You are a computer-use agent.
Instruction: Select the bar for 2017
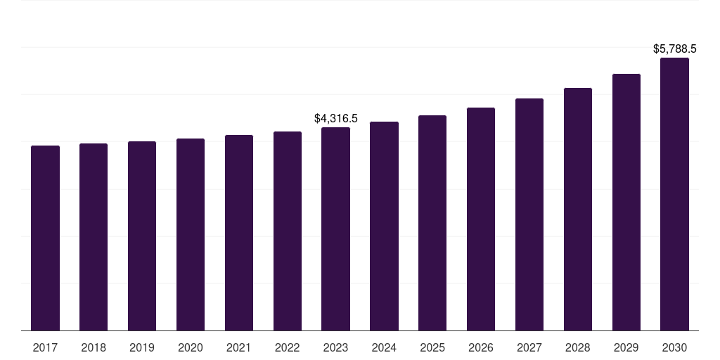[45, 238]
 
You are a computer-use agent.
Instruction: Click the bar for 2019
[142, 236]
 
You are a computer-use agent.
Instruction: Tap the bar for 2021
[239, 233]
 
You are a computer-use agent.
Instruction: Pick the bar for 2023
[335, 229]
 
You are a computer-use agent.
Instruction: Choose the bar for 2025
[432, 223]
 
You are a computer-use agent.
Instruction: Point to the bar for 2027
[529, 214]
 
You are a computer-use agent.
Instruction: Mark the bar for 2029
[626, 202]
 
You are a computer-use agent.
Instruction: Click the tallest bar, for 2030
[674, 194]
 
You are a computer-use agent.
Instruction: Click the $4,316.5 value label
[335, 118]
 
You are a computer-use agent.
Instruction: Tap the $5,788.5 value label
[674, 49]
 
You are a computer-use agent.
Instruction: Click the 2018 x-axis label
[94, 347]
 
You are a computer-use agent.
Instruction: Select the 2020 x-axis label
[191, 347]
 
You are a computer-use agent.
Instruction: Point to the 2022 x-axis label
[288, 347]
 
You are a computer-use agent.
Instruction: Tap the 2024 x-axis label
[385, 347]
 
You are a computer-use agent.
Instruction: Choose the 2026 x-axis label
[481, 347]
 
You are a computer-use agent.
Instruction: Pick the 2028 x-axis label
[578, 347]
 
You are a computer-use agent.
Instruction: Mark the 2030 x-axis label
[674, 347]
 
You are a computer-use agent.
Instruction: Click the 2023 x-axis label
[335, 347]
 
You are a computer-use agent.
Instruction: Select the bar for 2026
[481, 219]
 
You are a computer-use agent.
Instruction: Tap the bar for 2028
[578, 209]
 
